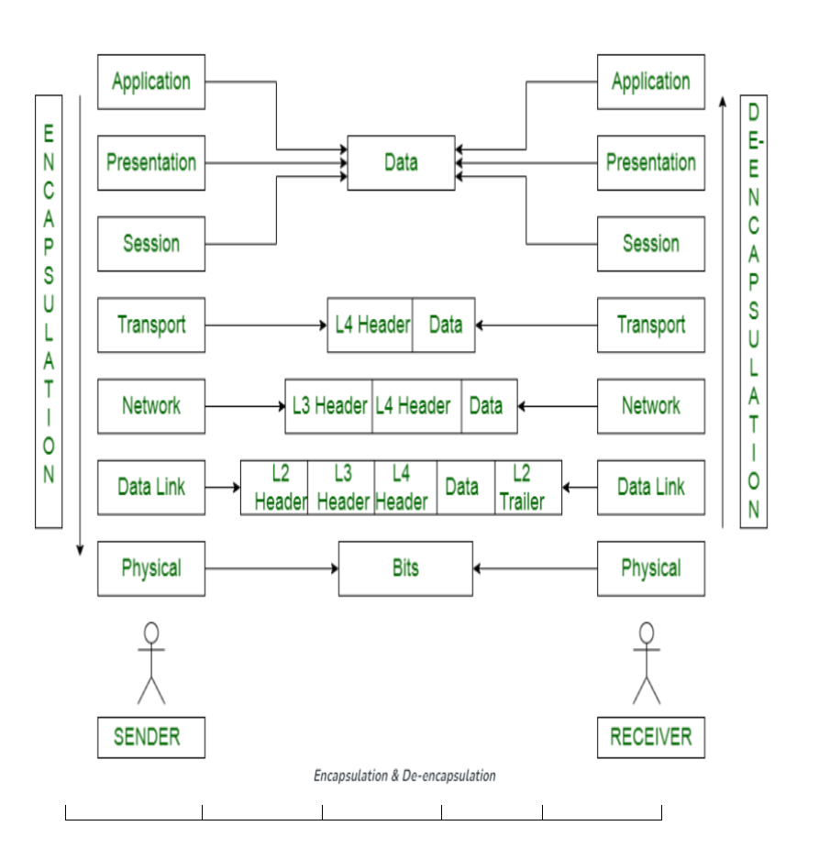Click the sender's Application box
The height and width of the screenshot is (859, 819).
pyautogui.click(x=151, y=82)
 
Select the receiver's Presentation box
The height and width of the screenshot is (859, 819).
pyautogui.click(x=651, y=163)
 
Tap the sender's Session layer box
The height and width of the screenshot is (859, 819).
pyautogui.click(x=151, y=244)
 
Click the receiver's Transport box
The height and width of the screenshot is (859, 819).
pyautogui.click(x=651, y=325)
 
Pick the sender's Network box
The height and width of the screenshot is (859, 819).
pyautogui.click(x=151, y=406)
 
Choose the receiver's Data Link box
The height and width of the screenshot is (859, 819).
pyautogui.click(x=651, y=487)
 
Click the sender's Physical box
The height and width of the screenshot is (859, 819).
pyautogui.click(x=151, y=568)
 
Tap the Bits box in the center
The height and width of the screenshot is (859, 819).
pyautogui.click(x=405, y=568)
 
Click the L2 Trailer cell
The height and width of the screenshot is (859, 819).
pyautogui.click(x=528, y=487)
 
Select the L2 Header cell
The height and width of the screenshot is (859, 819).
pyautogui.click(x=274, y=487)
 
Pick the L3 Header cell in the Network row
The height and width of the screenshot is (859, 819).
pyautogui.click(x=329, y=406)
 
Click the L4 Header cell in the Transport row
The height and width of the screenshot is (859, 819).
pyautogui.click(x=371, y=325)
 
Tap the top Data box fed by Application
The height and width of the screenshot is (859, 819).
pyautogui.click(x=401, y=163)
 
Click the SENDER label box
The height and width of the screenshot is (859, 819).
pyautogui.click(x=151, y=737)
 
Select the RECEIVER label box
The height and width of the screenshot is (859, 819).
pyautogui.click(x=651, y=737)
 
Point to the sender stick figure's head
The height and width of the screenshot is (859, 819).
pyautogui.click(x=151, y=633)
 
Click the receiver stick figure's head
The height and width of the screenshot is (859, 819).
pyautogui.click(x=647, y=633)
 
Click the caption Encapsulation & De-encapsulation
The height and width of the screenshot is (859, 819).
pyautogui.click(x=404, y=776)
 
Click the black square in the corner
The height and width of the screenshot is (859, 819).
pyautogui.click(x=788, y=832)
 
